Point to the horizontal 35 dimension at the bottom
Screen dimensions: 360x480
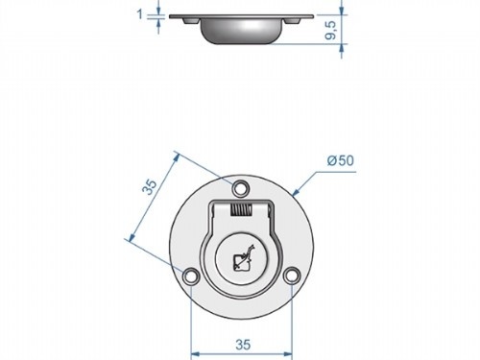(244, 341)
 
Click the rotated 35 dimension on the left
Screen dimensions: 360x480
(150, 187)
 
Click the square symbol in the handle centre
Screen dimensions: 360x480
(239, 266)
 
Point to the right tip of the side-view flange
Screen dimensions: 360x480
(313, 16)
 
